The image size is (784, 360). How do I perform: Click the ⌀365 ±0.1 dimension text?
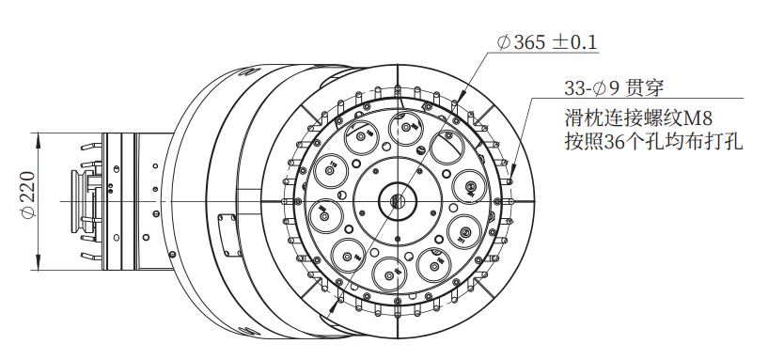547,42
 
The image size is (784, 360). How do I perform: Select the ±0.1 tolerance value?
575,42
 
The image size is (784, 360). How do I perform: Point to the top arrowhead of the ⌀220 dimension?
39,138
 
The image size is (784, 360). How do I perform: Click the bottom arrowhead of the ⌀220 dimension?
39,265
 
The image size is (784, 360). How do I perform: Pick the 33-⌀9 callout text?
592,88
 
